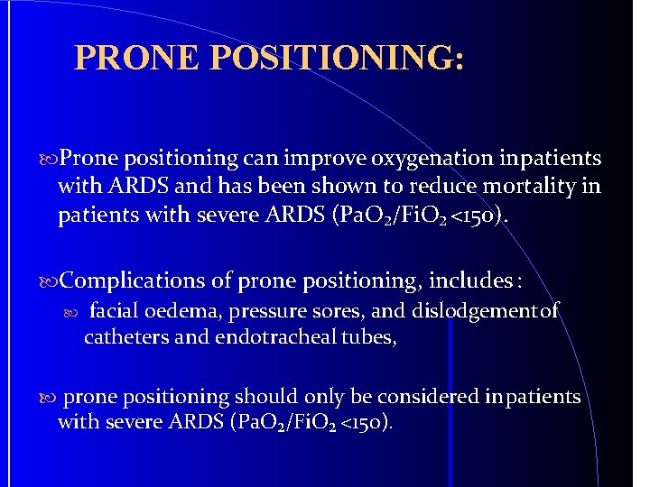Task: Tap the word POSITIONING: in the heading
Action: pos(338,57)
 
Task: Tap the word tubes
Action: pos(370,337)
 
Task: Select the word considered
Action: pos(418,397)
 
